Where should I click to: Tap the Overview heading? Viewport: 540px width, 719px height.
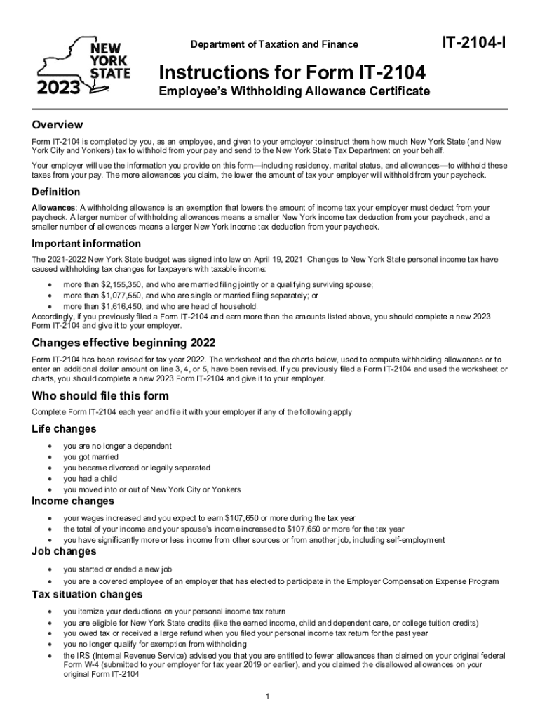coord(58,125)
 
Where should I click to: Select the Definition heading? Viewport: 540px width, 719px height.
coord(55,192)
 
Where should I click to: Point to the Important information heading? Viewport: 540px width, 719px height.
coord(86,244)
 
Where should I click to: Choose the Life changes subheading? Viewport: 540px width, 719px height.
coord(64,428)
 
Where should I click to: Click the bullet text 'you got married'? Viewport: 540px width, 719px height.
coord(91,457)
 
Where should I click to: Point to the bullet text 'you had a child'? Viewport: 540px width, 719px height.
coord(90,479)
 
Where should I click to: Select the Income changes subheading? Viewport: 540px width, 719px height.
coord(72,501)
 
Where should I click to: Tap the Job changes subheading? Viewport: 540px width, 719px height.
coord(62,551)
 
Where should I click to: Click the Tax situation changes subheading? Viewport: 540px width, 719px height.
coord(87,595)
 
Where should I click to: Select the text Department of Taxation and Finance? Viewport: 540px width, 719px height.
coord(274,45)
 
